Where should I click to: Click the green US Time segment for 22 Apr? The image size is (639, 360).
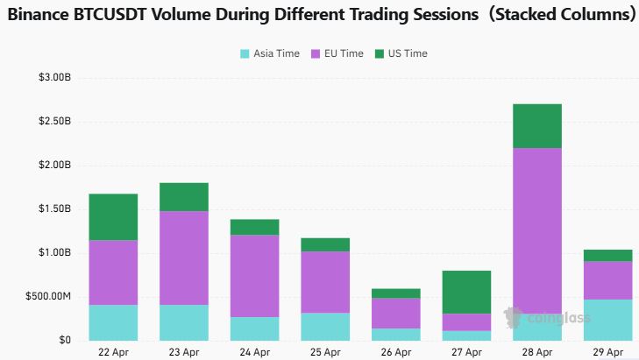point(113,216)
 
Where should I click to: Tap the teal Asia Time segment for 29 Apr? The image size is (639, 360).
point(607,320)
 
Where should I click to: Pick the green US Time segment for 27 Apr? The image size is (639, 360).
point(466,292)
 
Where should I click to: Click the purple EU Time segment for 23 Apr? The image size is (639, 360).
point(183,258)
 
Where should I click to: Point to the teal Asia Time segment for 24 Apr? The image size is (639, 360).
point(254,328)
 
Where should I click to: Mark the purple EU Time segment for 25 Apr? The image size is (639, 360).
point(325,282)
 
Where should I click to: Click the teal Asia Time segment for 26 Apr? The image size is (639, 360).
point(395,335)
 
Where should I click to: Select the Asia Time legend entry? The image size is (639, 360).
point(269,53)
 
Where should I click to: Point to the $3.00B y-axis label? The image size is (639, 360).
point(54,78)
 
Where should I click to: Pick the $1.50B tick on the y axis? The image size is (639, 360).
point(54,209)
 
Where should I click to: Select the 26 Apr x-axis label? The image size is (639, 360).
point(395,351)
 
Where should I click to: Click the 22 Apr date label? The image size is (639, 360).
point(113,351)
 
